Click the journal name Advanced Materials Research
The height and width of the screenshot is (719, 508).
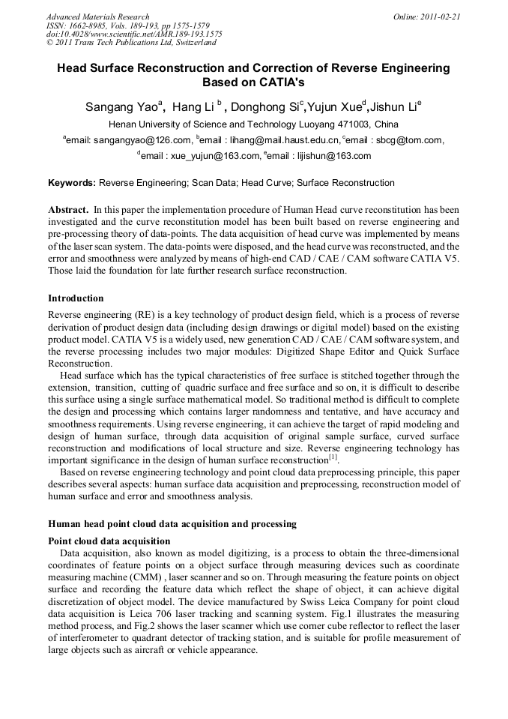[x=97, y=16]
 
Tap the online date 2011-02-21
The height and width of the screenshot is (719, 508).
[x=435, y=16]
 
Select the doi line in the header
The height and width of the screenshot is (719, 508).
[x=134, y=34]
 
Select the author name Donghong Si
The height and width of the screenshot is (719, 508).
[x=266, y=107]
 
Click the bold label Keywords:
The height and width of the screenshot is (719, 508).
[x=72, y=183]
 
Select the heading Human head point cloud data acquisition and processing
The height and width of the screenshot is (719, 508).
[x=172, y=524]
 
